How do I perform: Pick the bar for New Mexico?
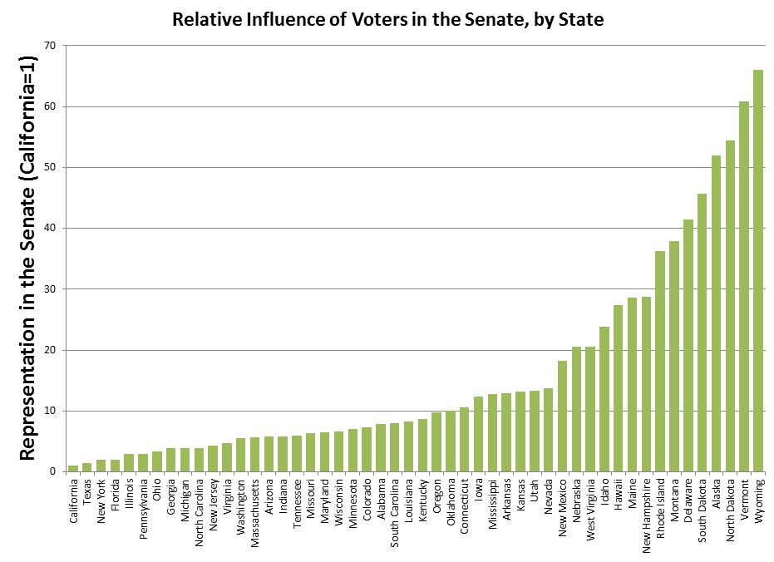[x=563, y=416]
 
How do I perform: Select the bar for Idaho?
[x=604, y=399]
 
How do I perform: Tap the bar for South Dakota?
[x=703, y=333]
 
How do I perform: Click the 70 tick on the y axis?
[x=52, y=46]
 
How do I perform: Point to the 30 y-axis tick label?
[x=52, y=289]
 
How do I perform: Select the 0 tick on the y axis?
[x=55, y=471]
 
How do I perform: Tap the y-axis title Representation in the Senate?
[x=27, y=258]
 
